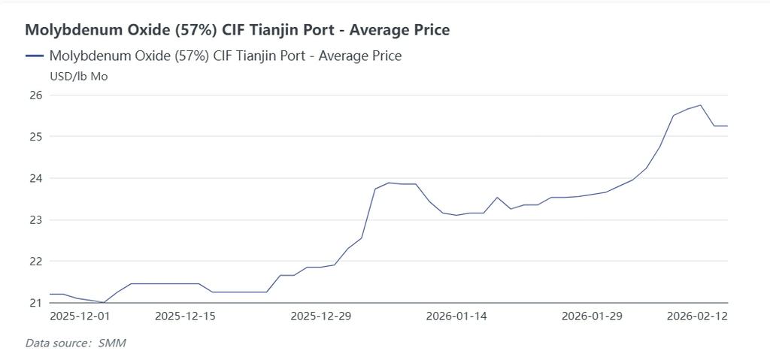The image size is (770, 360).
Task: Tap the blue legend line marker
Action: [x=35, y=56]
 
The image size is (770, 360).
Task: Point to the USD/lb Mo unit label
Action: [x=78, y=76]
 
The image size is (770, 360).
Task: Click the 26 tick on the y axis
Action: [x=35, y=95]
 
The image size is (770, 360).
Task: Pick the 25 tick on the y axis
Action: [x=35, y=137]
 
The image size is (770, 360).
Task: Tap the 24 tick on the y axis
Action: [x=35, y=179]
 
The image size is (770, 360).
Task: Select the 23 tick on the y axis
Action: [x=35, y=220]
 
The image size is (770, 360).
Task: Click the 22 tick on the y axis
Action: [x=35, y=262]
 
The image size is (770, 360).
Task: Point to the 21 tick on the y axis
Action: [x=35, y=303]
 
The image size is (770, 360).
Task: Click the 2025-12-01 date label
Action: [x=80, y=316]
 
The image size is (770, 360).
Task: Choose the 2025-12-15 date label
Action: [x=185, y=316]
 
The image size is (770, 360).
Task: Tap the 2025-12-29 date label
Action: [x=320, y=316]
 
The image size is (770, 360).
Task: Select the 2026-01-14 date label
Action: [x=456, y=316]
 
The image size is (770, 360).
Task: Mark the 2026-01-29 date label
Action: [x=592, y=316]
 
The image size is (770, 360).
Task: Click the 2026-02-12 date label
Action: [x=697, y=316]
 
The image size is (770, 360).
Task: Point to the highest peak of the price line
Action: [x=701, y=105]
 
